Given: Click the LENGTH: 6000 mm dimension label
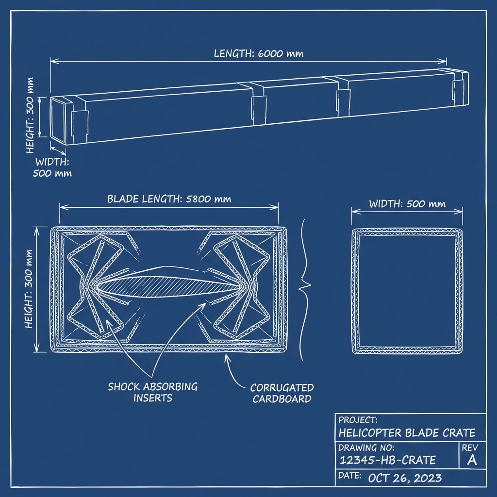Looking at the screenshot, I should point(259,53).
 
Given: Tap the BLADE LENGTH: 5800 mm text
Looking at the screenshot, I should point(169,199).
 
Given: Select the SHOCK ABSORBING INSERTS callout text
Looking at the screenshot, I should point(153,392).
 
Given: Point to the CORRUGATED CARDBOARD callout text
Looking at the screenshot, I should point(282,393).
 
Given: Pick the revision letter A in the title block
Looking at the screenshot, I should point(471,460).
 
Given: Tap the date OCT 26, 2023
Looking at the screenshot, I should point(405,478).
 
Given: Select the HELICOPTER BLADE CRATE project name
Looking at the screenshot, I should point(407,433).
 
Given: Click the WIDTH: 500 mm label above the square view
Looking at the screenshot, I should point(407,204).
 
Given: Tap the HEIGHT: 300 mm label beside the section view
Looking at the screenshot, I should point(29,289).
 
